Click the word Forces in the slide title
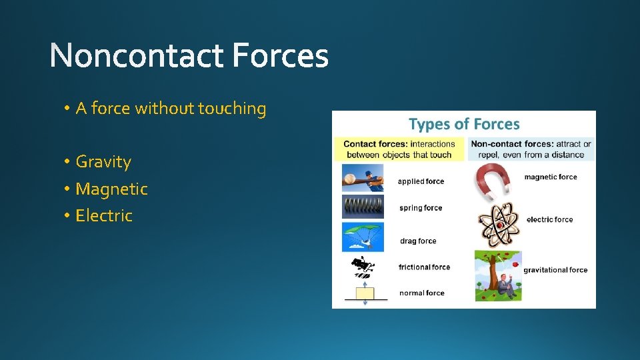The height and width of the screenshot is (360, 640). click(x=281, y=56)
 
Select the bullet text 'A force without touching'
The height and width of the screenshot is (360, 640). click(x=171, y=109)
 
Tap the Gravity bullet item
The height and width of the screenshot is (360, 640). click(x=103, y=162)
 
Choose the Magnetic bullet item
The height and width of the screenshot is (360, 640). click(x=111, y=189)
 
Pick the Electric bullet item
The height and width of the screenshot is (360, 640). click(x=104, y=216)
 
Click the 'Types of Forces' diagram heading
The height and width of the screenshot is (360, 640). click(x=464, y=124)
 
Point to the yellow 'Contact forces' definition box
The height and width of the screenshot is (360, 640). click(x=399, y=149)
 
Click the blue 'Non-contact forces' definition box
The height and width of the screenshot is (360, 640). click(x=531, y=149)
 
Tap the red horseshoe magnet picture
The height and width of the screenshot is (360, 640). click(x=493, y=182)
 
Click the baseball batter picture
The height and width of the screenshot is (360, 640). click(x=363, y=179)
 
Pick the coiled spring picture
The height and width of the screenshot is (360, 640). click(x=363, y=207)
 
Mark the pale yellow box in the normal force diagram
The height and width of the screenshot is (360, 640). click(x=365, y=293)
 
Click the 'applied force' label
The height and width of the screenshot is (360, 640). click(x=421, y=181)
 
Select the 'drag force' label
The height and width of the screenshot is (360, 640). click(x=418, y=241)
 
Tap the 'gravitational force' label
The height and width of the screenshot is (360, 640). click(x=555, y=270)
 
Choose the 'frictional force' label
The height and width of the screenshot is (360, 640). click(x=424, y=267)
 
